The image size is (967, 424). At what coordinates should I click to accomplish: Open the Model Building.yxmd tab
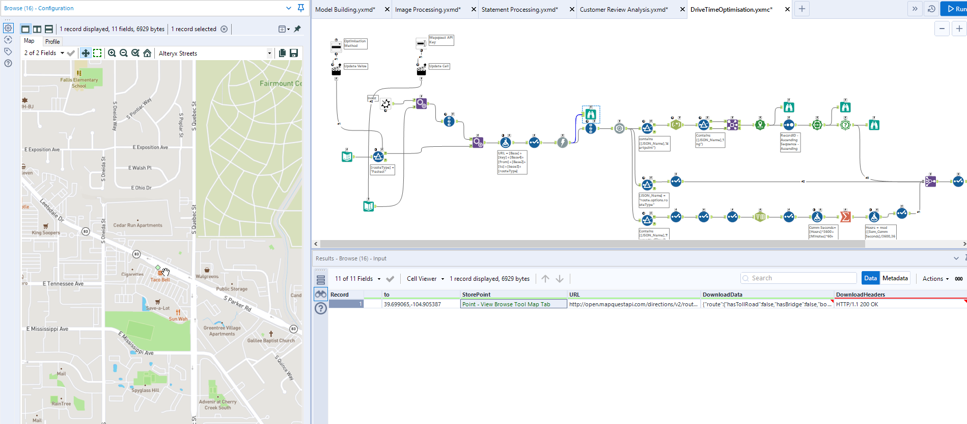tap(345, 10)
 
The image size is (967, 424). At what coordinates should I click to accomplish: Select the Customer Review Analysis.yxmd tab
tap(623, 10)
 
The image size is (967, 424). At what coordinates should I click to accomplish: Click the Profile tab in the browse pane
tap(52, 42)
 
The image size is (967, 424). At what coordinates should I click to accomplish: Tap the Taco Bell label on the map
tap(160, 279)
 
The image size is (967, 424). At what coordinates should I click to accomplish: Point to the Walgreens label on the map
tap(207, 276)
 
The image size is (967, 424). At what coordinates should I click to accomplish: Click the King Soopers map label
tap(46, 232)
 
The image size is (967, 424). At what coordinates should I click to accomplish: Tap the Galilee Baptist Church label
tap(271, 340)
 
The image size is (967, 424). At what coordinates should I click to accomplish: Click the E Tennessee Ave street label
tap(63, 284)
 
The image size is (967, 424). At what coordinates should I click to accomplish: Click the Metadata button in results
tap(895, 278)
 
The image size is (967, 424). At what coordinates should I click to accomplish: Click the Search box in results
tap(798, 278)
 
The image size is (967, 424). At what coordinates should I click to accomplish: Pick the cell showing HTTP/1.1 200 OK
tap(857, 304)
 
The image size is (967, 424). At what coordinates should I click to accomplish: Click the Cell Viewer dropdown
tap(425, 279)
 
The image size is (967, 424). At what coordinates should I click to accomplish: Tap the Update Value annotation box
tap(355, 66)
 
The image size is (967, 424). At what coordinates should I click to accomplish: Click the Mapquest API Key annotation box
tap(440, 40)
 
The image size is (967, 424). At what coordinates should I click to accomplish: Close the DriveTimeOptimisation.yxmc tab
tap(787, 10)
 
